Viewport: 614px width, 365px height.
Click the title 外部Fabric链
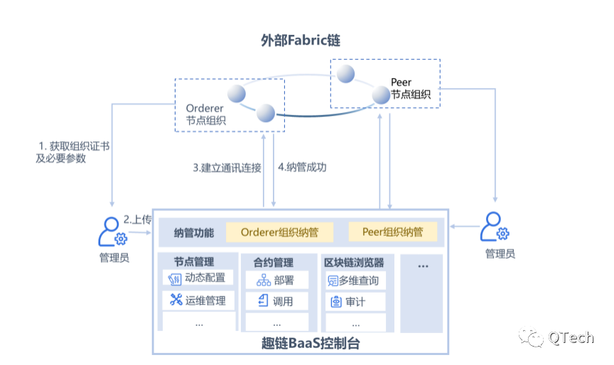point(301,40)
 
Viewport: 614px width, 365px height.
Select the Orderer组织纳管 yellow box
point(279,232)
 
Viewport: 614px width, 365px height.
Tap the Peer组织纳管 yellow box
point(392,232)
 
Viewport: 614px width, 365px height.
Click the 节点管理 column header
point(194,261)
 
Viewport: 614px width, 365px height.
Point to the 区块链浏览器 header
point(354,262)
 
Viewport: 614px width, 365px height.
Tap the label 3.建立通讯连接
point(227,168)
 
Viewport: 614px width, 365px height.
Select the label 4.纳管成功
point(302,168)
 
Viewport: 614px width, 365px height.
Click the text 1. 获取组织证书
point(74,146)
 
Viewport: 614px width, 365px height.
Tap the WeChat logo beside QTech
point(529,336)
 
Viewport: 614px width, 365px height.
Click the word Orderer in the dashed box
point(205,109)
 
